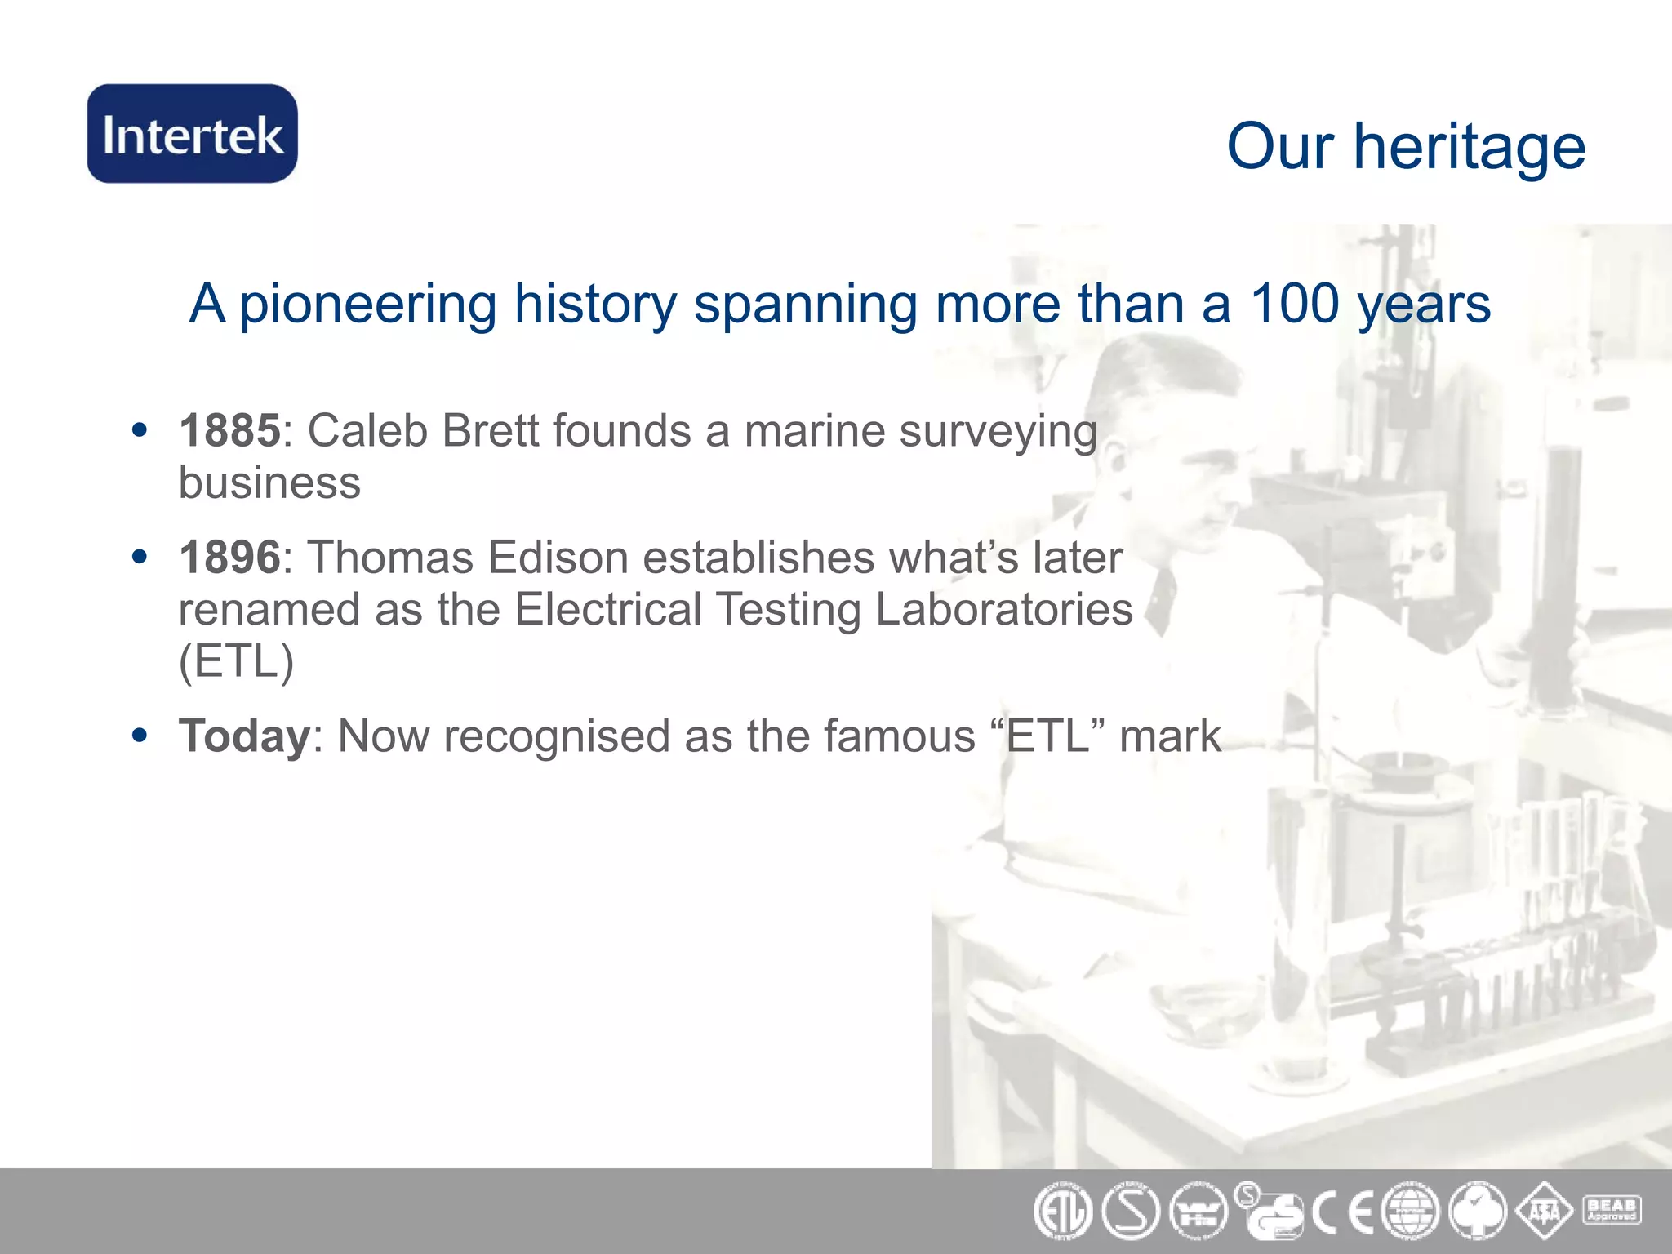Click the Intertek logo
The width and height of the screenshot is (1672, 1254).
click(x=193, y=134)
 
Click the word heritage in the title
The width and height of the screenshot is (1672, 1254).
click(x=1469, y=148)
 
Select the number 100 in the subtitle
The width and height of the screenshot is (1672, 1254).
click(x=1294, y=304)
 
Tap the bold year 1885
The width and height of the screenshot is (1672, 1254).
click(x=229, y=430)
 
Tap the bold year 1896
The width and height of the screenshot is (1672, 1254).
click(x=229, y=558)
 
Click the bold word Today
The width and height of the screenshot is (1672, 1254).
click(x=244, y=736)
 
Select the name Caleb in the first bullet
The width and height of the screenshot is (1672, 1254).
click(x=367, y=430)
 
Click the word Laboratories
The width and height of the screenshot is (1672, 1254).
click(x=1003, y=609)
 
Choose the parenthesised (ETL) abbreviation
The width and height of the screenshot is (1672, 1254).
click(x=236, y=660)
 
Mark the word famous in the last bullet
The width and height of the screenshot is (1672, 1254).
click(x=899, y=736)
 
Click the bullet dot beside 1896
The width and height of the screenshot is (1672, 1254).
click(x=140, y=557)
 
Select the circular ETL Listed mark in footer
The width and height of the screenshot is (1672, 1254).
click(x=1062, y=1212)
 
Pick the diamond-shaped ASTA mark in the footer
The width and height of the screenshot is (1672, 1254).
click(x=1544, y=1212)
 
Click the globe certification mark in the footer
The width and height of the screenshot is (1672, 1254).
click(x=1410, y=1212)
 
